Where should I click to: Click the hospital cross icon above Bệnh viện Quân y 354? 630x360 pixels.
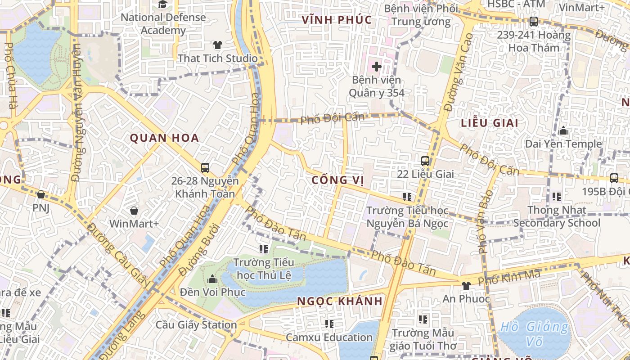pyautogui.click(x=377, y=67)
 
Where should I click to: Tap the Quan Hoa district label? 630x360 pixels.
pyautogui.click(x=165, y=138)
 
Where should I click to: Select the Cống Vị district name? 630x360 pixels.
pyautogui.click(x=337, y=180)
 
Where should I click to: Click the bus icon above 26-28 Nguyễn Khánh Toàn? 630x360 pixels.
pyautogui.click(x=205, y=168)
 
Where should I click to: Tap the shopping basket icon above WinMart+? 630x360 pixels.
pyautogui.click(x=134, y=210)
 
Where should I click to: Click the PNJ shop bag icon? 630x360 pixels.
pyautogui.click(x=41, y=194)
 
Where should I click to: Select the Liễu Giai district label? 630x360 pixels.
pyautogui.click(x=490, y=123)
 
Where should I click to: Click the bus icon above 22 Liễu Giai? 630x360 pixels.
pyautogui.click(x=425, y=161)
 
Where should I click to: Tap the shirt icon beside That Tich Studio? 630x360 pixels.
pyautogui.click(x=218, y=45)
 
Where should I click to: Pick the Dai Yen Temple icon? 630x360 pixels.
pyautogui.click(x=563, y=131)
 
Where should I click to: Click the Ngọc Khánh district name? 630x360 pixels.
pyautogui.click(x=340, y=301)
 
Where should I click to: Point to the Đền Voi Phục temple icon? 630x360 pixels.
pyautogui.click(x=212, y=279)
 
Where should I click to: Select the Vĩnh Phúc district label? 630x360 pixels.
pyautogui.click(x=337, y=20)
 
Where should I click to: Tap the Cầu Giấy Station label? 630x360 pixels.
pyautogui.click(x=196, y=324)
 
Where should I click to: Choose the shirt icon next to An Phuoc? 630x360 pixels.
pyautogui.click(x=466, y=285)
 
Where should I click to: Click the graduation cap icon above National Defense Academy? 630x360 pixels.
pyautogui.click(x=162, y=4)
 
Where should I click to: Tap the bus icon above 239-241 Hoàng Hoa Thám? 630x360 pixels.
pyautogui.click(x=534, y=21)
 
